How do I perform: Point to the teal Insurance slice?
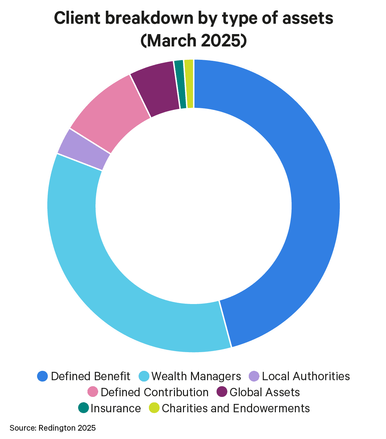coord(180,85)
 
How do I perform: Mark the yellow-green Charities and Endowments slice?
coord(189,84)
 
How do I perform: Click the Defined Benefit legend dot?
coord(43,376)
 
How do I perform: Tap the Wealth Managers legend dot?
coord(144,376)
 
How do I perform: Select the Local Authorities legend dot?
coord(254,376)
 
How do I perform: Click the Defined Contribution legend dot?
coord(92,392)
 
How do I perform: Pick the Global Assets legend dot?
coord(222,392)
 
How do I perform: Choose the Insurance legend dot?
coord(83,408)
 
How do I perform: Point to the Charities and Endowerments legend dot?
coord(154,408)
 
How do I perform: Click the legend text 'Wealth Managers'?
coord(196,376)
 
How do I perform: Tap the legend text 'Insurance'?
coord(116,408)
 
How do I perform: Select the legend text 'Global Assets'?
coord(265,392)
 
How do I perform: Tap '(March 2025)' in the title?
coord(193,41)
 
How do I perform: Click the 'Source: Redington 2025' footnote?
coord(53,428)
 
